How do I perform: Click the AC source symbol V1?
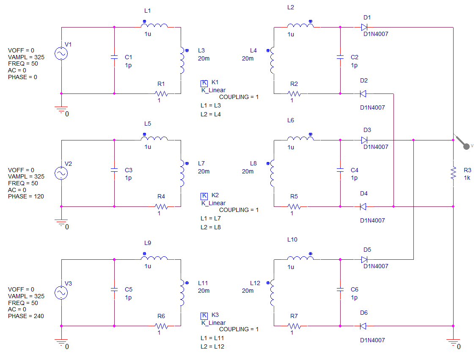61,53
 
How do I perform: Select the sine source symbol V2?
61,173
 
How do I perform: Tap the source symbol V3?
61,293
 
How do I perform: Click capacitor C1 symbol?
114,57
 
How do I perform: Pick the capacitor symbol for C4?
340,170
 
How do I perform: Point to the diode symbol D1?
364,27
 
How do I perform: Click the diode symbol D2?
363,94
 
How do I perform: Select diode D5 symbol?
364,259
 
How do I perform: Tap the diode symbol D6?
363,326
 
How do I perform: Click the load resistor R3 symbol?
453,173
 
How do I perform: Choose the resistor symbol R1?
161,94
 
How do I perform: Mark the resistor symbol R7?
294,326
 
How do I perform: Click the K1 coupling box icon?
204,83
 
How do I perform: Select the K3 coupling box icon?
204,316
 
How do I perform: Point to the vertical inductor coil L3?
182,60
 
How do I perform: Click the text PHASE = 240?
26,316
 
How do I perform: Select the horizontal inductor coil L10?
300,258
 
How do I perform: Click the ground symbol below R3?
453,342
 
